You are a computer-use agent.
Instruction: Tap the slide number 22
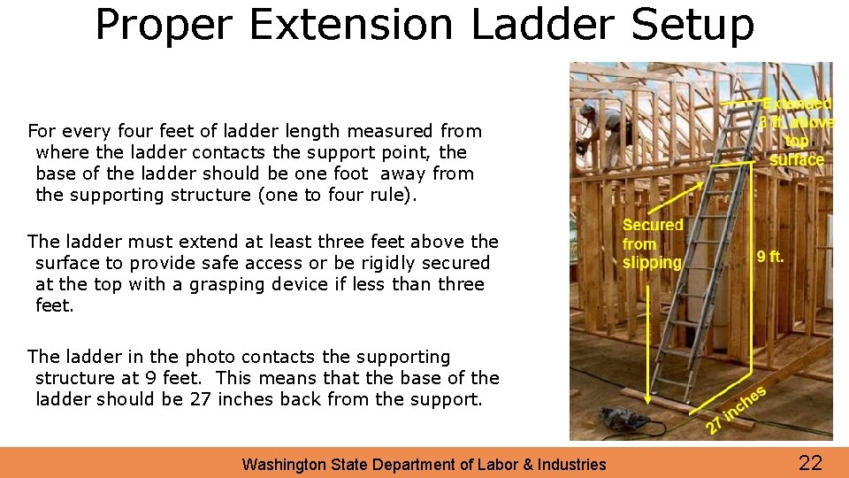coord(810,461)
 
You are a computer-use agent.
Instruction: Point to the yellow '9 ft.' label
coord(770,258)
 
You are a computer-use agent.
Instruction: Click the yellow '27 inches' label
coord(735,409)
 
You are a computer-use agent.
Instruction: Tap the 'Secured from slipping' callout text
coord(652,243)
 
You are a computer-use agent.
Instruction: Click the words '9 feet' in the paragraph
coord(178,378)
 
